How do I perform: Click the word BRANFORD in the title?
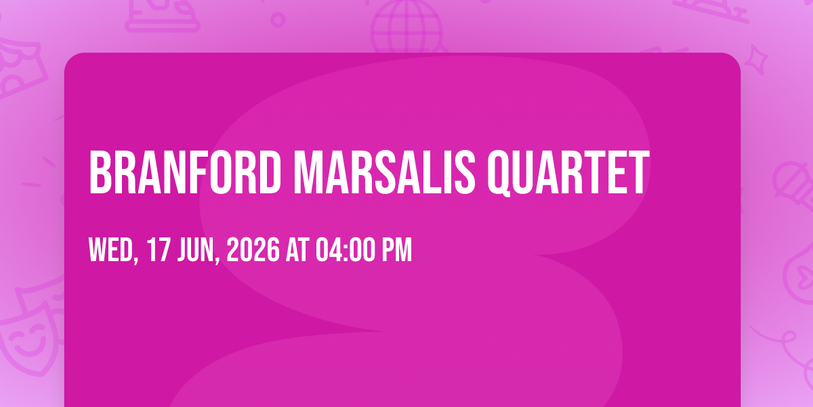coord(185,172)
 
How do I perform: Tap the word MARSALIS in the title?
coord(385,172)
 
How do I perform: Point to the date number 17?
coord(159,250)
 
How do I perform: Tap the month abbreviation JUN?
coord(196,250)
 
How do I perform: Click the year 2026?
coord(253,250)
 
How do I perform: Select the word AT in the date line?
coord(297,250)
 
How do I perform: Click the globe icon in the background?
coord(406,26)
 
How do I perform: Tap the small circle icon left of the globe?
coord(278,20)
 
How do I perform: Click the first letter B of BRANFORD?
coord(100,172)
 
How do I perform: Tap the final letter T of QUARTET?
coord(639,172)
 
